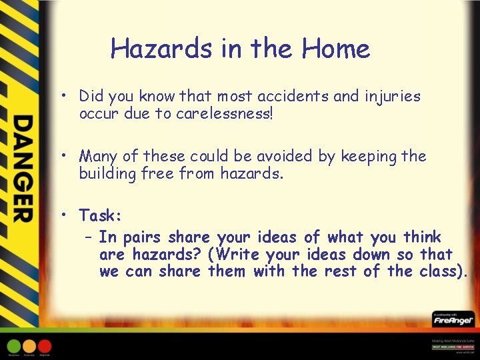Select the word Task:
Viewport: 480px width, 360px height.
pyautogui.click(x=101, y=215)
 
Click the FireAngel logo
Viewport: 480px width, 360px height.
pyautogui.click(x=451, y=320)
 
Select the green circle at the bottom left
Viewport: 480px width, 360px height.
pyautogui.click(x=13, y=346)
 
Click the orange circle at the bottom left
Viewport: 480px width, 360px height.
pyautogui.click(x=29, y=346)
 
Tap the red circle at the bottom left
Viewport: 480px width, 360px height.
pyautogui.click(x=45, y=346)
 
